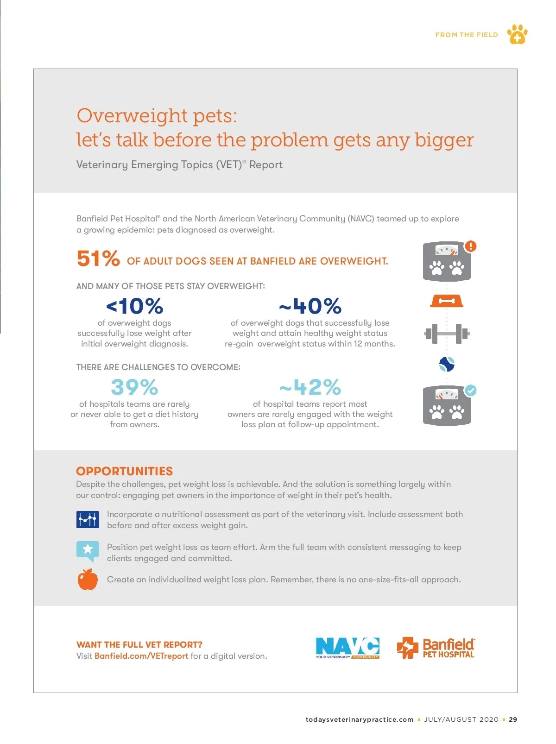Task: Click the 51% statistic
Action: point(98,259)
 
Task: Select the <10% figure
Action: point(135,306)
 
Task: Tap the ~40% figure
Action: point(310,306)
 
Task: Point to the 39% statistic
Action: point(134,387)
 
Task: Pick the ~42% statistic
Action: point(310,387)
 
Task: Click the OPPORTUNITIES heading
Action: point(124,471)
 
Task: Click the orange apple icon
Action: point(88,579)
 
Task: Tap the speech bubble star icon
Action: point(88,550)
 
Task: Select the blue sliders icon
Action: point(88,519)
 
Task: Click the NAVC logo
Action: point(347,648)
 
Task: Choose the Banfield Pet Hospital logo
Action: point(436,648)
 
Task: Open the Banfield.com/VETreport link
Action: point(141,656)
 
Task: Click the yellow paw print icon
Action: point(517,34)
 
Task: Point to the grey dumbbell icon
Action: point(447,334)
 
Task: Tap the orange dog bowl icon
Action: point(447,302)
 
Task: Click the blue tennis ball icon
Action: point(447,364)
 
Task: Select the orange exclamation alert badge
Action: point(471,246)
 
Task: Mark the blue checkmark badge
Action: point(471,390)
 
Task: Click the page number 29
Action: point(513,719)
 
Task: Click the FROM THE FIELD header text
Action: point(467,35)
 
